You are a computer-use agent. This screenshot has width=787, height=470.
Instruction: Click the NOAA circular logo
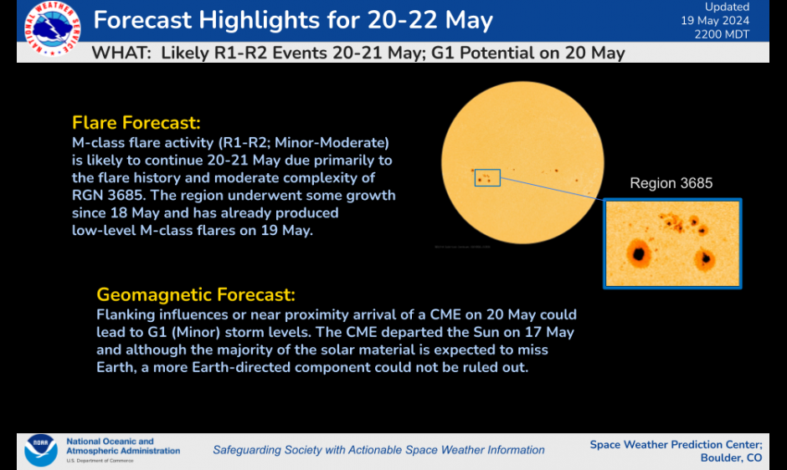pyautogui.click(x=40, y=449)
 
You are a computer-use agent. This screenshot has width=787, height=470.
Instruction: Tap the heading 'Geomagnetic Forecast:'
pyautogui.click(x=196, y=294)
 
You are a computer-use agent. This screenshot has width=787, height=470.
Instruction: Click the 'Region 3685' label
pyautogui.click(x=671, y=183)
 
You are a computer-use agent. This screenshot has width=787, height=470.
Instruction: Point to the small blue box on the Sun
pyautogui.click(x=486, y=177)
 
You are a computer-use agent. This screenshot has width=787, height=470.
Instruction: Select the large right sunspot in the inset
pyautogui.click(x=705, y=258)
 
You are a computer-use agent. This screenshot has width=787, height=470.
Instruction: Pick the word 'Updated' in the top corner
pyautogui.click(x=727, y=7)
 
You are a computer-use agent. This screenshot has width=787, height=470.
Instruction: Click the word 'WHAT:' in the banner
pyautogui.click(x=121, y=53)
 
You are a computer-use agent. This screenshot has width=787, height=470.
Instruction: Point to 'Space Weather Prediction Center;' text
pyautogui.click(x=676, y=444)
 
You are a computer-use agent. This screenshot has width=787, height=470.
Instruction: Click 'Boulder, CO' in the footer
pyautogui.click(x=731, y=457)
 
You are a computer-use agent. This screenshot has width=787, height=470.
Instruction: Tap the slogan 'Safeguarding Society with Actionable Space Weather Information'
pyautogui.click(x=378, y=450)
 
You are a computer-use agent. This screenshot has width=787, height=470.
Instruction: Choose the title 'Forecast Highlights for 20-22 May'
pyautogui.click(x=293, y=19)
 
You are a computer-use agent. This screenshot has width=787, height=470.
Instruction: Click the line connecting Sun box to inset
pyautogui.click(x=553, y=192)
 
